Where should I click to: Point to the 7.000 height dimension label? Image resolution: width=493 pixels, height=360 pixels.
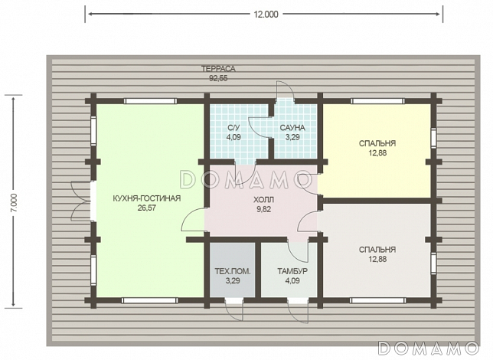pos(15,203)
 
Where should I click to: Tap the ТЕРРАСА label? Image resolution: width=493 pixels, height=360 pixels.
pos(218,69)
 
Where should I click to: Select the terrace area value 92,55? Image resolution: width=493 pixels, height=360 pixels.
pos(218,78)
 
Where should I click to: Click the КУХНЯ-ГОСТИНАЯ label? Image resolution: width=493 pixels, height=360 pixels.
pos(146,198)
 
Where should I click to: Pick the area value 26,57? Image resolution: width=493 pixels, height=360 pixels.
pos(146,208)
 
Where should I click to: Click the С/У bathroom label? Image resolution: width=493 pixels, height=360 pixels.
pos(233,127)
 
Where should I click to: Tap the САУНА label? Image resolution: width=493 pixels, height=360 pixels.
pos(292,127)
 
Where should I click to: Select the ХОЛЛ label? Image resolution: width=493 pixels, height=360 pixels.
pos(264,199)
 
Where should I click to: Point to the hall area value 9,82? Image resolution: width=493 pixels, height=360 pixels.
pos(264,209)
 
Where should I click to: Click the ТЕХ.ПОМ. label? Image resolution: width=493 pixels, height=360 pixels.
pos(233,271)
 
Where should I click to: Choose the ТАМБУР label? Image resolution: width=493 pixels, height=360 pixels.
pos(292,271)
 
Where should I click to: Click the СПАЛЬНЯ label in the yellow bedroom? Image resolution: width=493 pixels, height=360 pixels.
pos(377,143)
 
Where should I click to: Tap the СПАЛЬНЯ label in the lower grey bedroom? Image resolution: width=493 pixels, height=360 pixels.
pos(377,250)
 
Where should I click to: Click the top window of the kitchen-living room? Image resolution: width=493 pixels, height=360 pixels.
pos(150,101)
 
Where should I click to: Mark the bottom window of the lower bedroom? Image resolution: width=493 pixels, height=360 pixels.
pos(377,300)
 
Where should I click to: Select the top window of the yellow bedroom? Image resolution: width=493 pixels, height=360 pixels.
pos(377,101)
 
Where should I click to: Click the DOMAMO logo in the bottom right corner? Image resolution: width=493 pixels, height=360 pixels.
pos(429,348)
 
